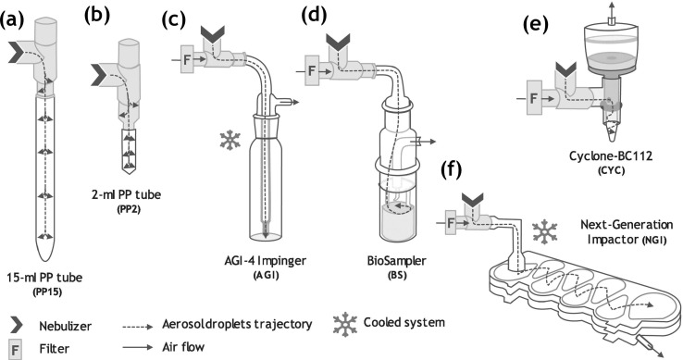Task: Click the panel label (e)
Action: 536,25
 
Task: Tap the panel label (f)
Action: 451,170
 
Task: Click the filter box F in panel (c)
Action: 188,59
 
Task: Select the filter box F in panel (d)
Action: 312,70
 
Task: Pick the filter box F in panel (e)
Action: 534,98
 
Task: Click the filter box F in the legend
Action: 15,349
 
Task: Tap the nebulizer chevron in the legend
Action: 17,325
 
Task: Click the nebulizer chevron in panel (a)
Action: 18,53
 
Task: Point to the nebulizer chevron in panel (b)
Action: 100,74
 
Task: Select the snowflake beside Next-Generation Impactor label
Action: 545,232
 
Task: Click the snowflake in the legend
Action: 345,324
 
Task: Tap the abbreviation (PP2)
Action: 130,210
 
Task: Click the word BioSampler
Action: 397,261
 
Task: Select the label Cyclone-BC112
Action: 611,155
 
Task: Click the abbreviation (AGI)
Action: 267,275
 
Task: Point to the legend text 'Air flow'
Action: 183,347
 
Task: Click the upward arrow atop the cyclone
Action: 612,8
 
